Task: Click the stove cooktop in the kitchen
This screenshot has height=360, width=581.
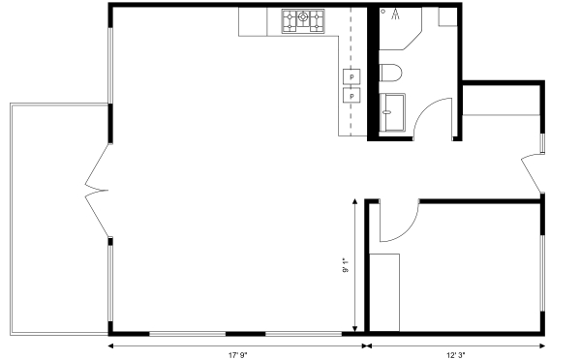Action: click(x=303, y=21)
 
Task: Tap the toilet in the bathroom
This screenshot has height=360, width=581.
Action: click(x=390, y=73)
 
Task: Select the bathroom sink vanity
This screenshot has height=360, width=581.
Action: click(x=392, y=112)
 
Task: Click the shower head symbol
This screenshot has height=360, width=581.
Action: click(x=396, y=14)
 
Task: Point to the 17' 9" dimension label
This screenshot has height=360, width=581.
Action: click(x=237, y=355)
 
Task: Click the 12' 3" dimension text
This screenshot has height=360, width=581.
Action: click(x=456, y=355)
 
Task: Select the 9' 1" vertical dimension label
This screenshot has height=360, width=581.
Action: click(x=346, y=265)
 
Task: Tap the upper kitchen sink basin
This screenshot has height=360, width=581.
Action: click(x=352, y=76)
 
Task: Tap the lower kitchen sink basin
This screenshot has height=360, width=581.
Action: click(x=352, y=95)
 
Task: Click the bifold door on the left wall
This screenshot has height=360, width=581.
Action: click(x=97, y=191)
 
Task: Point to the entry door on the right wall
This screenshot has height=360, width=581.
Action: click(x=532, y=173)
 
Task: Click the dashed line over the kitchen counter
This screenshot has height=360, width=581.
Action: click(x=351, y=72)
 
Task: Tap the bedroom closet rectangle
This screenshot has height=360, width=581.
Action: click(x=384, y=292)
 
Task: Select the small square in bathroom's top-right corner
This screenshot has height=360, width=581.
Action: click(x=448, y=16)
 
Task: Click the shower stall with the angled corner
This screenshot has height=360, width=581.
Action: click(x=400, y=28)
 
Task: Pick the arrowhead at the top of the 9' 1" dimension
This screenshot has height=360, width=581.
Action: click(x=354, y=201)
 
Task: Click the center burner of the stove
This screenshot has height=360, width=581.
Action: click(x=303, y=16)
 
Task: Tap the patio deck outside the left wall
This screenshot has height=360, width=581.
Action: click(x=59, y=220)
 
